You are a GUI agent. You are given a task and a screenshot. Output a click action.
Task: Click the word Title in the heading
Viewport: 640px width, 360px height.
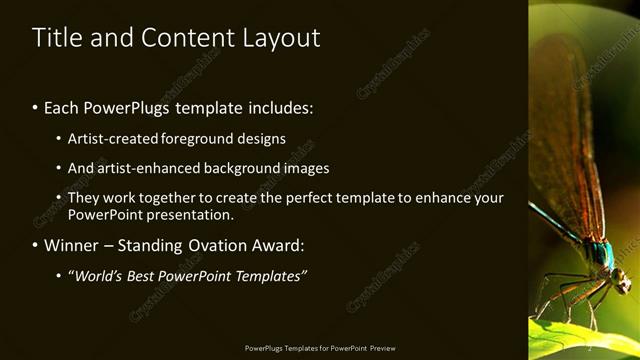click(55, 38)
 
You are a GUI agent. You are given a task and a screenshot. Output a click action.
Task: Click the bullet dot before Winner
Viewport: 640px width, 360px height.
click(36, 245)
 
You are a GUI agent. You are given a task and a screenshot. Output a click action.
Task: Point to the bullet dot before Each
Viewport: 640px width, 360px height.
click(36, 107)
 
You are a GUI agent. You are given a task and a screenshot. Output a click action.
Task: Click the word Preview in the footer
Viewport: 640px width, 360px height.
click(383, 348)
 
